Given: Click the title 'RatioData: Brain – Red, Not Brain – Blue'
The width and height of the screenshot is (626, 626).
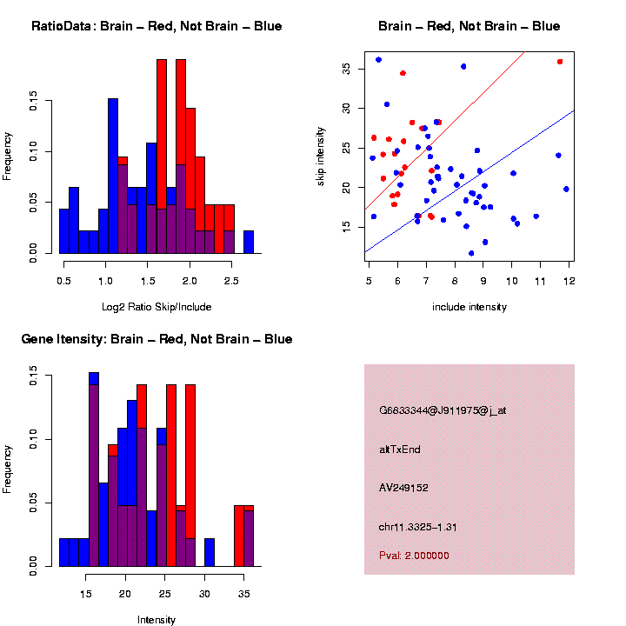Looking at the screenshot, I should click(156, 26).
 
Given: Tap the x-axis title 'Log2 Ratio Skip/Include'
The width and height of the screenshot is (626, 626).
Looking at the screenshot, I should click(156, 307).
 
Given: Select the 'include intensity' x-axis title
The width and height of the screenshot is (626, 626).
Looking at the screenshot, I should click(469, 307).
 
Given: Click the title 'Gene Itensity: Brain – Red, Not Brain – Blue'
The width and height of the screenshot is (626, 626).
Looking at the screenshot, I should click(156, 339).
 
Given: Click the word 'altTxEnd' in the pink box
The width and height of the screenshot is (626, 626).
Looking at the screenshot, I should click(400, 450).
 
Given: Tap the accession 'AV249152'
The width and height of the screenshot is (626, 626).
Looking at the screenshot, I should click(403, 488).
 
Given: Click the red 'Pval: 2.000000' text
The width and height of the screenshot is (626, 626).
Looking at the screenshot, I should click(414, 556).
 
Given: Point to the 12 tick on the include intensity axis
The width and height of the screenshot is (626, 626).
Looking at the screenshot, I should click(568, 281).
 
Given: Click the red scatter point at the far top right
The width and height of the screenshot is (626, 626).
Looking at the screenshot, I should click(560, 62).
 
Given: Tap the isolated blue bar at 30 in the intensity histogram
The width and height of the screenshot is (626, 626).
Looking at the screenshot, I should click(210, 553).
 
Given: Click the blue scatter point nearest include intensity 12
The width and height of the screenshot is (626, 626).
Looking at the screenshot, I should click(566, 189).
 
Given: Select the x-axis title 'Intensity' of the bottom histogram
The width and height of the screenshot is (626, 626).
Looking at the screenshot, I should click(156, 620).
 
